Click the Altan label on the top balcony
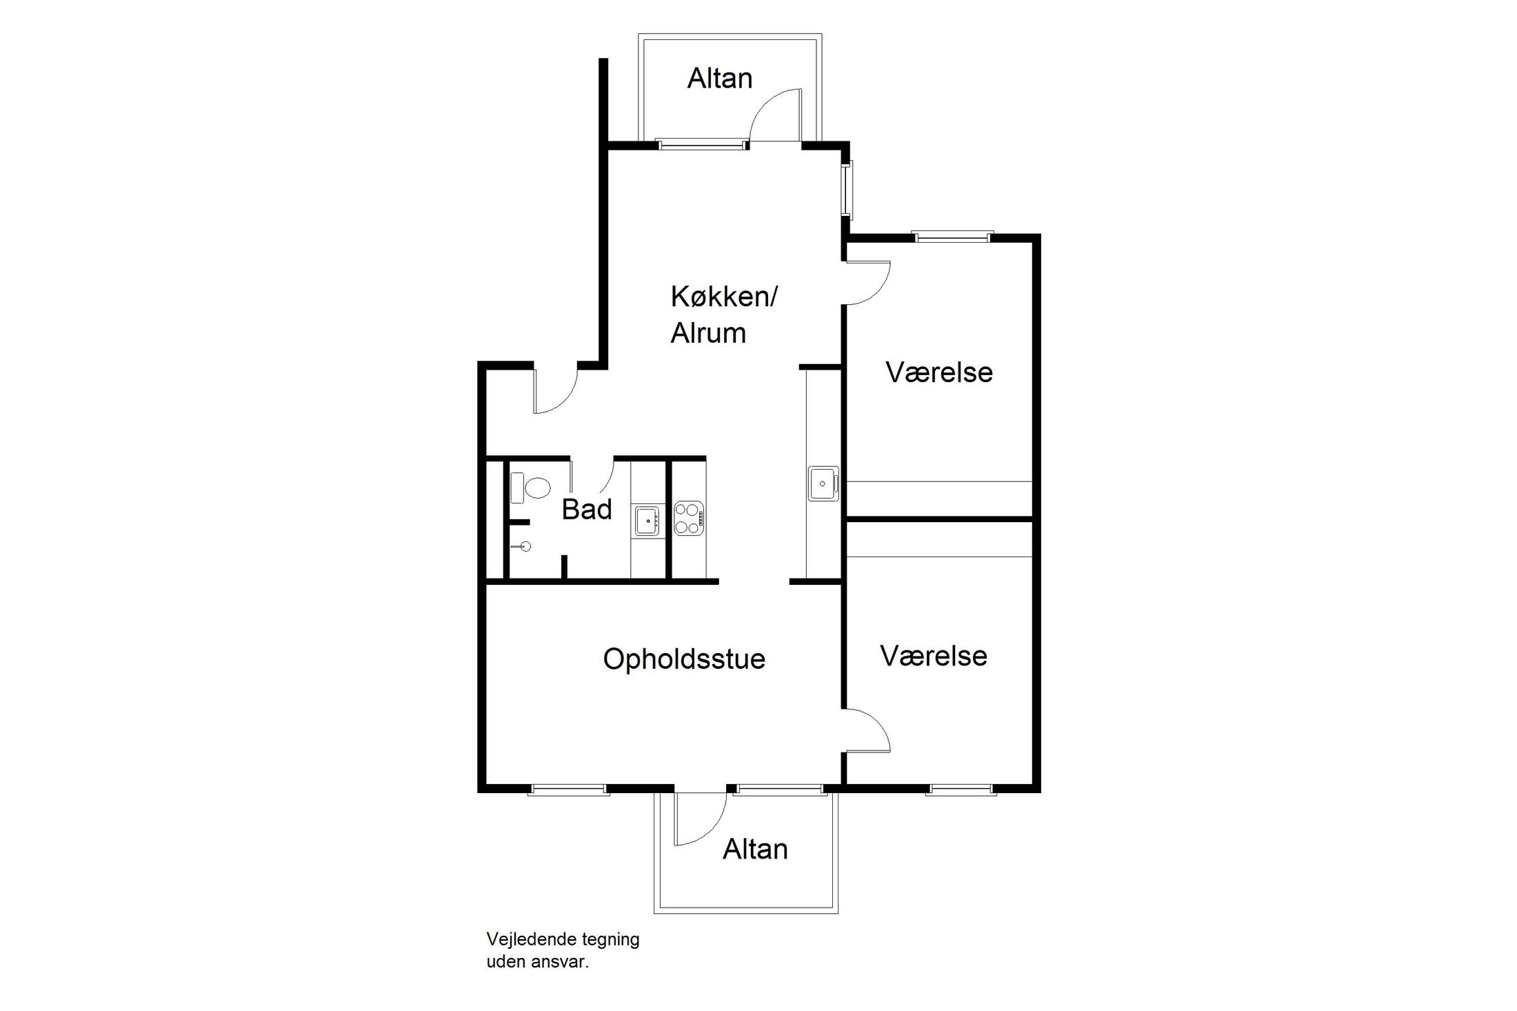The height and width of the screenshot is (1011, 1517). pos(719,79)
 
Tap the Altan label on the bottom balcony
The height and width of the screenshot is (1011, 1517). pos(755,849)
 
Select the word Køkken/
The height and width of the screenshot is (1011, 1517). pos(724,297)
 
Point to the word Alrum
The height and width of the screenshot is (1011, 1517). pos(708,333)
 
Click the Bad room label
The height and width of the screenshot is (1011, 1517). pos(587,510)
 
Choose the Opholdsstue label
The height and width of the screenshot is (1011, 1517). pos(684,659)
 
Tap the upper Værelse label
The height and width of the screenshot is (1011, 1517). pos(939,372)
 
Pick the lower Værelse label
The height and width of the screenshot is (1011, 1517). pos(934,656)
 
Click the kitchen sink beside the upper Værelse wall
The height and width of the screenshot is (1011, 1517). pos(823,483)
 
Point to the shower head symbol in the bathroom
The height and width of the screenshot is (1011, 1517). pos(525,547)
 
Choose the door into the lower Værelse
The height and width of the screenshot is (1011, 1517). pos(868,729)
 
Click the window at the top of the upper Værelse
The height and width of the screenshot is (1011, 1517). pos(952,237)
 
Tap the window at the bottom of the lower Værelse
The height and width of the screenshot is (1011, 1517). pos(961,790)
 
